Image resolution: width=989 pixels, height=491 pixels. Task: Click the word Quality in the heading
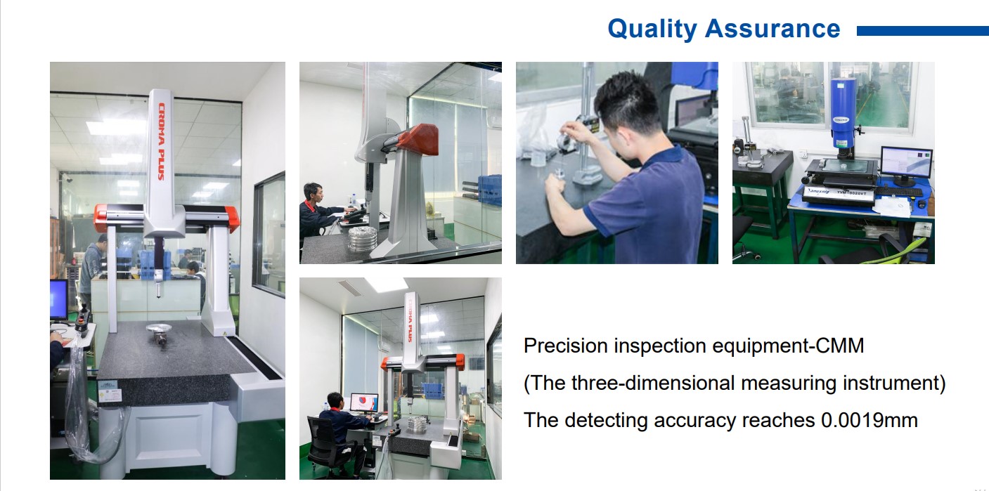(x=652, y=29)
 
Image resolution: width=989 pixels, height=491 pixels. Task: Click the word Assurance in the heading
(x=773, y=29)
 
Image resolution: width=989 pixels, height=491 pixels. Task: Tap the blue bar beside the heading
(x=923, y=31)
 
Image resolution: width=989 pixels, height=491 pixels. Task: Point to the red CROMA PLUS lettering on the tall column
(x=162, y=142)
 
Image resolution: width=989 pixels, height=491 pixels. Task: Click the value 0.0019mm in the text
(x=870, y=420)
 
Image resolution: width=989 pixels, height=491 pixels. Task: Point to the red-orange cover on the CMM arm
(x=418, y=138)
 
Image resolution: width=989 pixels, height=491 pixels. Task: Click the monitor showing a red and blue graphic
(x=364, y=402)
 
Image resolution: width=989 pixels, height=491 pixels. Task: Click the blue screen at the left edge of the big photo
(x=59, y=299)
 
